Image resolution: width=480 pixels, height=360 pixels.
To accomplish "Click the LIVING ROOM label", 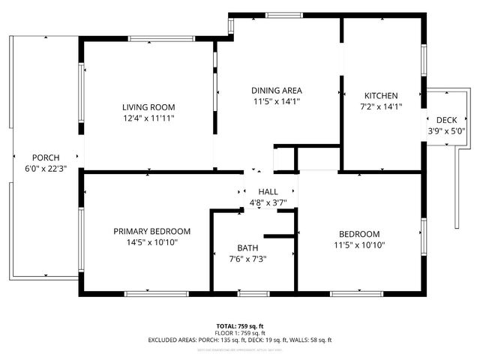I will click(148, 106).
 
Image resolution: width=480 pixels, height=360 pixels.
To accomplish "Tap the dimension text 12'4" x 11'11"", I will click(148, 118).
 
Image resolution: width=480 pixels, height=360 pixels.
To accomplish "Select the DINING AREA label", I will click(277, 90).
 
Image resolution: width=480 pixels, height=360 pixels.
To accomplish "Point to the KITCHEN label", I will click(381, 95).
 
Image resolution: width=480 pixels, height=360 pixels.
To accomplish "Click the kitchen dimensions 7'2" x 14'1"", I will click(381, 106).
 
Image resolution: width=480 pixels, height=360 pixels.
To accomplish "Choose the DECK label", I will click(446, 120).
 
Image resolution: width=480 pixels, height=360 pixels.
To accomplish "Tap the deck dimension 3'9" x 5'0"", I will click(446, 131).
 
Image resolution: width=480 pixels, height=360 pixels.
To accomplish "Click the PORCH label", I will click(45, 157).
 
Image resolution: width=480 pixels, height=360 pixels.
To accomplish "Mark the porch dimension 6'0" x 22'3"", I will click(45, 169).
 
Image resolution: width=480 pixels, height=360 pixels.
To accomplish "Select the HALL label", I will click(268, 192).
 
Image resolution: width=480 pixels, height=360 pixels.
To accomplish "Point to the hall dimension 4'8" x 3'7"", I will click(268, 203).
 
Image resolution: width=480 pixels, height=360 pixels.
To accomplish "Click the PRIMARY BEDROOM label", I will click(151, 231).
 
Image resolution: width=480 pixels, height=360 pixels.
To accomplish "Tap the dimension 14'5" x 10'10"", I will click(151, 242).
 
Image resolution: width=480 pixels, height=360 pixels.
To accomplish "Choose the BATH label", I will click(247, 247).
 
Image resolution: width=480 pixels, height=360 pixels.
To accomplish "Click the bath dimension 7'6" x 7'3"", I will click(247, 259).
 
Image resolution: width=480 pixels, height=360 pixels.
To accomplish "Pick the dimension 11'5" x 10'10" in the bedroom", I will click(358, 244).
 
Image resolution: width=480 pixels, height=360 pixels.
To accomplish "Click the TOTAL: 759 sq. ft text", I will click(240, 325).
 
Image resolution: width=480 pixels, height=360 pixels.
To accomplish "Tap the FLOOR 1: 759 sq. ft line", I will click(240, 332).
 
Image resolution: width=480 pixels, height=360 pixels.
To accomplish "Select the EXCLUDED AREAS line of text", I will click(240, 340).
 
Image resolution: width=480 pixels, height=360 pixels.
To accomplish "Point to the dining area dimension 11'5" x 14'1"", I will click(277, 101).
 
